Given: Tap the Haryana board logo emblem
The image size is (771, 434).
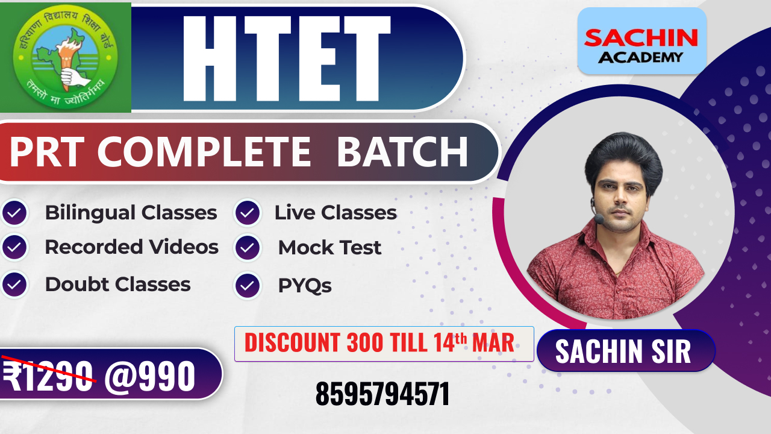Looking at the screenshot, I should pos(66,58).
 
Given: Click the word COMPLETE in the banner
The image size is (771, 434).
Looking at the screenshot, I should pos(204,152).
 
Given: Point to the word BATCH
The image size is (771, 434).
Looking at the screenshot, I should pos(402,152).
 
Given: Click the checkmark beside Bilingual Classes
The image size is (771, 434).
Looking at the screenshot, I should pos(14,212).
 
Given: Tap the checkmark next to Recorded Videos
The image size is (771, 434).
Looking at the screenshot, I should pos(14,247).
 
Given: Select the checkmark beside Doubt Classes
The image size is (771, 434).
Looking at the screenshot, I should pos(14,285).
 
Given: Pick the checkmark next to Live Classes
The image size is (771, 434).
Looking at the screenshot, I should pos(248,212).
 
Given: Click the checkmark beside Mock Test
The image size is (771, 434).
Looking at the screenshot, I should pos(248,247).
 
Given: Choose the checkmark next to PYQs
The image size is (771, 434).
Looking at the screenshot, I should pos(248,285).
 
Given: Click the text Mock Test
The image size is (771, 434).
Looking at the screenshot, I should pos(329,248).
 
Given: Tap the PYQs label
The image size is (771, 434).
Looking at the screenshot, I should pos(305,286).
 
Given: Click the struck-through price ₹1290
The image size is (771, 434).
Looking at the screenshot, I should pos(49,376).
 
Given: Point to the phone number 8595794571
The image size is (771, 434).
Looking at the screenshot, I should pos(382,394).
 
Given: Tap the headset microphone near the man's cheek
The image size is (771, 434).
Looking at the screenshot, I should pos(599,219).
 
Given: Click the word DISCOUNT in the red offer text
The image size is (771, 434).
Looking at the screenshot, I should pos(292,343).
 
